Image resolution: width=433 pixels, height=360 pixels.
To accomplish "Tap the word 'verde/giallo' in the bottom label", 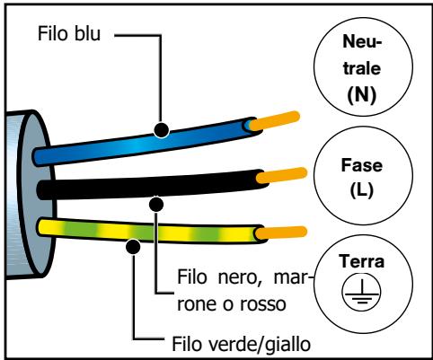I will coord(227,341).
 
